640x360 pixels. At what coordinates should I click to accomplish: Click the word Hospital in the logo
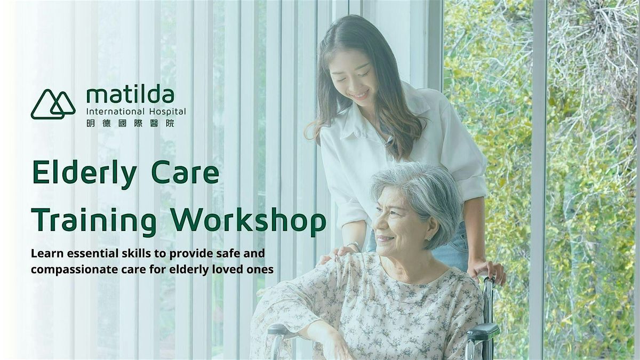click(167, 111)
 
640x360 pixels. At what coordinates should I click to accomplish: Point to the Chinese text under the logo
click(130, 123)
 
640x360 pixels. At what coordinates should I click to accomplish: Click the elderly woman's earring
click(429, 238)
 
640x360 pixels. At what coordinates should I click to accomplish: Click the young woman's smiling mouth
click(361, 95)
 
